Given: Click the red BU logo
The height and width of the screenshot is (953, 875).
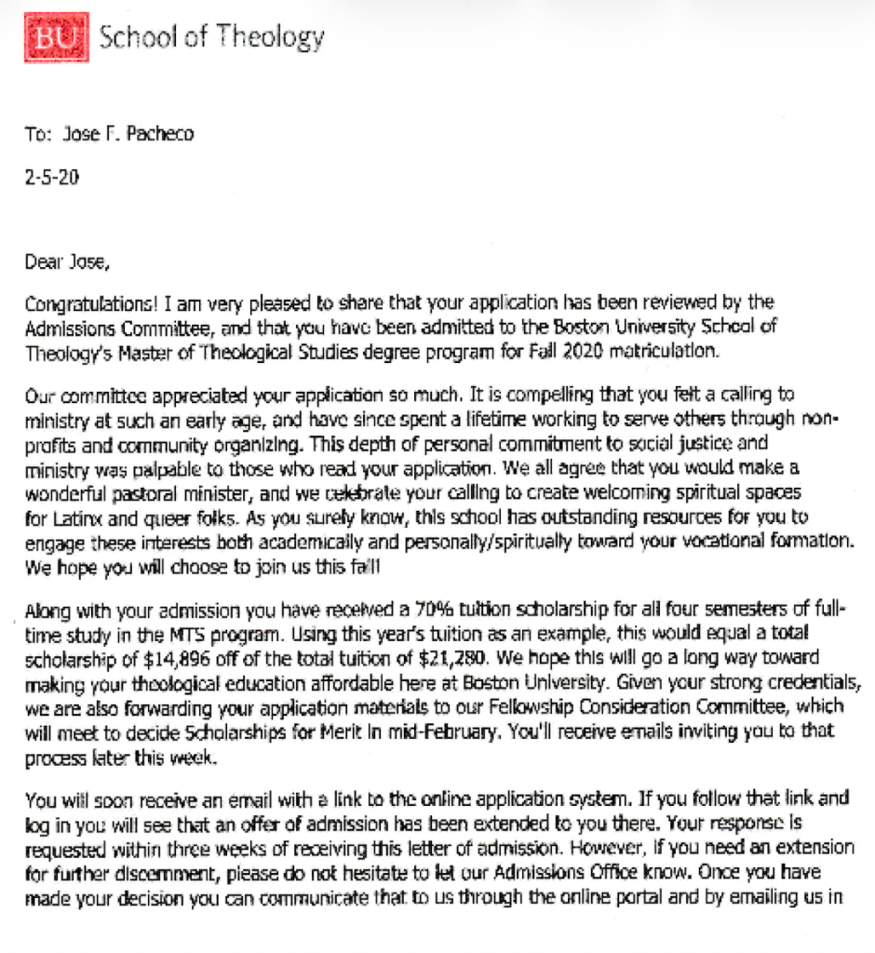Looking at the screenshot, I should coord(61,37).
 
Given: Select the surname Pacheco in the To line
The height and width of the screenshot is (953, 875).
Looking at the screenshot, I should coord(160,134).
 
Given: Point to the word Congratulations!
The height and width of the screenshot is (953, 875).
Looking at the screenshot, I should coord(92,302).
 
